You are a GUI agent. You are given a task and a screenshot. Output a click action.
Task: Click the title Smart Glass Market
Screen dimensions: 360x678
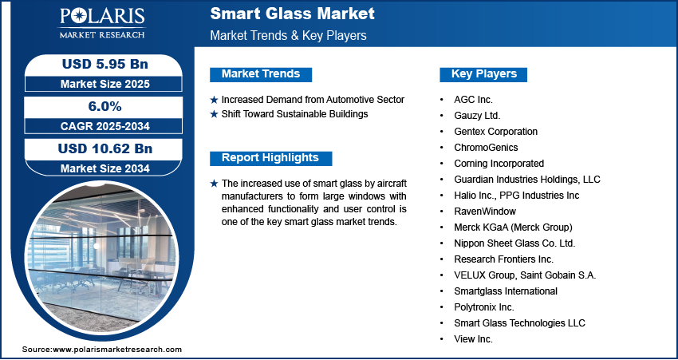click(292, 14)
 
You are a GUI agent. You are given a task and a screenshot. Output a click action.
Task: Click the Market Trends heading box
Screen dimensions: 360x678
click(261, 74)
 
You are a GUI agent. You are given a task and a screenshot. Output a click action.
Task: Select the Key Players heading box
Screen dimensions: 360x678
click(484, 74)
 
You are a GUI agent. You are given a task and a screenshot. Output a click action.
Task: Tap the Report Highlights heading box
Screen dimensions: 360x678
click(270, 158)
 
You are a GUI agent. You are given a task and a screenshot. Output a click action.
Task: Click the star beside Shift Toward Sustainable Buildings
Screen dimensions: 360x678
click(214, 114)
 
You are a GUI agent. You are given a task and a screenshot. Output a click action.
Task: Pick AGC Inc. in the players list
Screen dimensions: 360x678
click(474, 100)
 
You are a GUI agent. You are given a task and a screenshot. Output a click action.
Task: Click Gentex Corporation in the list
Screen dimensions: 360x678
click(495, 132)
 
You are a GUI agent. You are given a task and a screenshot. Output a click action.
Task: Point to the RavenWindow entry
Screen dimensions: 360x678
click(485, 212)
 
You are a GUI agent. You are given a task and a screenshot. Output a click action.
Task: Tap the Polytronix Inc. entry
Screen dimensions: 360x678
click(484, 307)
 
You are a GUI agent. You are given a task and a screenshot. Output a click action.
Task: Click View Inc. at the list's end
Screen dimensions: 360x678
click(474, 339)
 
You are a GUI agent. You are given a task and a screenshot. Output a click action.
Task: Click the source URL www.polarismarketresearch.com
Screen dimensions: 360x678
click(117, 350)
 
